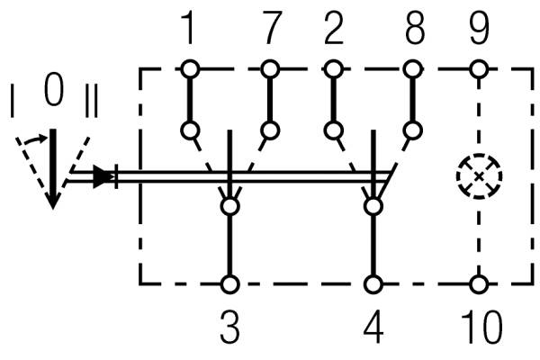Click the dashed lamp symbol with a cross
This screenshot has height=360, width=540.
coord(480,175)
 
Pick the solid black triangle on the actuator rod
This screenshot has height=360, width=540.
coord(105,175)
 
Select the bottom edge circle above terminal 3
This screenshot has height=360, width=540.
coord(230,284)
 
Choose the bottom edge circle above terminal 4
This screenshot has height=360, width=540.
coord(373,284)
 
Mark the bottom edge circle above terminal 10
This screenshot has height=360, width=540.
coord(480,284)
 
